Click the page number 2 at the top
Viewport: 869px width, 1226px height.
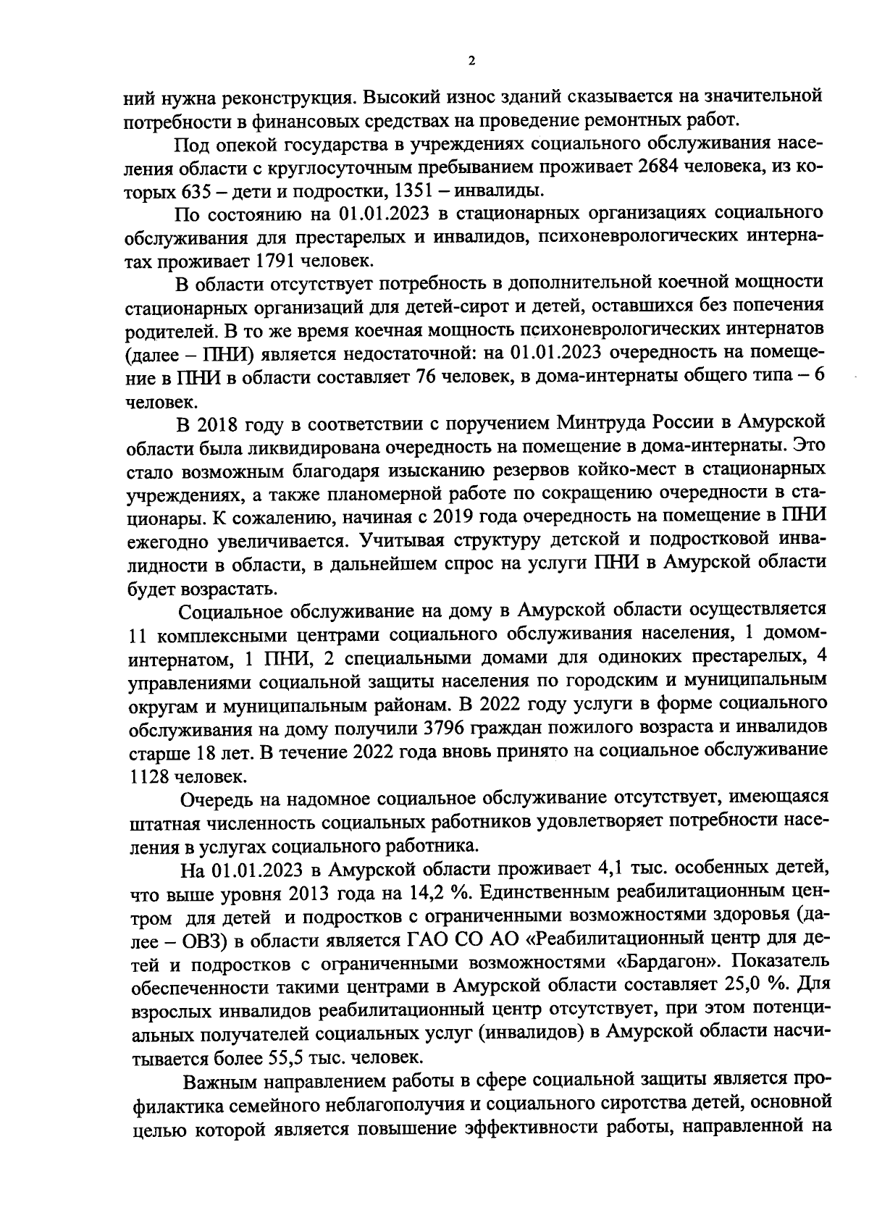(471, 62)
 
